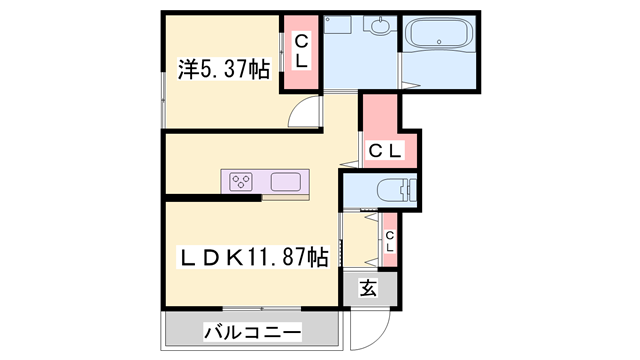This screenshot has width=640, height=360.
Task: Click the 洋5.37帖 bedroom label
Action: pos(224,70)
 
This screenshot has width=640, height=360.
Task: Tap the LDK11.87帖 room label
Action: pos(252,257)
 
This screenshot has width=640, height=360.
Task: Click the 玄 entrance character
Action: pos(367,289)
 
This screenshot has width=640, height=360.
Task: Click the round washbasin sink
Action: pos(381,27)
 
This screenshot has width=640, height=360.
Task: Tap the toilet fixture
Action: pos(394,190)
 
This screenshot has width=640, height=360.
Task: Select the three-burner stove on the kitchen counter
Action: pos(242,181)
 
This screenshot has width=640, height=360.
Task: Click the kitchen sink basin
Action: pos(286,182)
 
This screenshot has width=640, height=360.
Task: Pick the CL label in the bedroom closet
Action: pos(299,51)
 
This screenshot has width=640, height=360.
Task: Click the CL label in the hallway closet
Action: pos(385,151)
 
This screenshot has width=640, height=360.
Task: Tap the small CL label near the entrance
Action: pos(390,241)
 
